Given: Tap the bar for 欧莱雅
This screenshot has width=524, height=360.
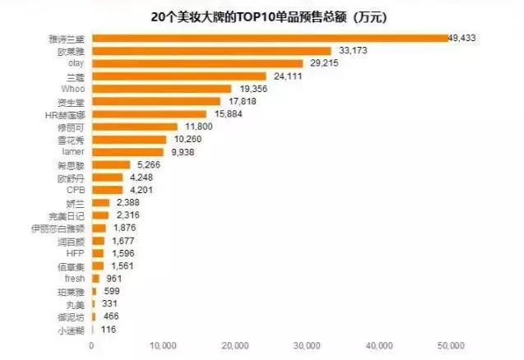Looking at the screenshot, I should tap(211, 51).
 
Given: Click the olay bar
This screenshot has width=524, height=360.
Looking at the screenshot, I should tap(197, 63).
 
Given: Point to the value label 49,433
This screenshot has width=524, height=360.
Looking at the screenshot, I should tap(462, 38).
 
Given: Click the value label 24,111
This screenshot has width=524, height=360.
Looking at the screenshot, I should tap(287, 76).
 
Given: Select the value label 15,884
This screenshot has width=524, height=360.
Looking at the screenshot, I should tap(228, 114).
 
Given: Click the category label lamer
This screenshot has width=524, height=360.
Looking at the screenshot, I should tap(75, 152).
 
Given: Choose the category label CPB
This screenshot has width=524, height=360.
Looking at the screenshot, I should tap(76, 190).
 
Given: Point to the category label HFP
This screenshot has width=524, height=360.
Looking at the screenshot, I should tap(76, 253).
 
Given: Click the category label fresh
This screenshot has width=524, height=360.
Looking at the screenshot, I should tap(75, 279).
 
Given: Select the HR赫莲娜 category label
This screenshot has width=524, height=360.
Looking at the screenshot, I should tap(65, 114).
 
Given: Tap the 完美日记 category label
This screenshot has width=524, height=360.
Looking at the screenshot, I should tap(67, 215).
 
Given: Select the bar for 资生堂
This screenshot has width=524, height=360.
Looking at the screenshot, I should tap(155, 101).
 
